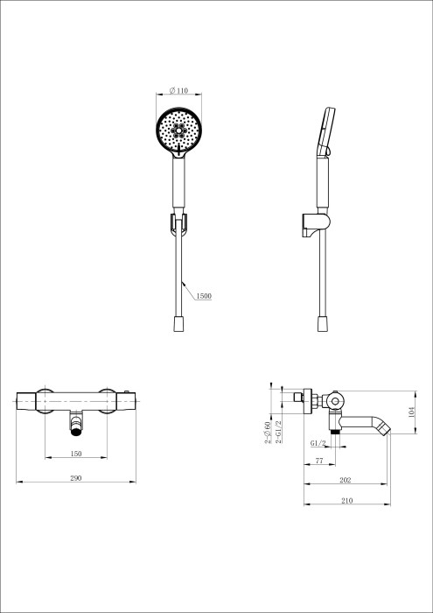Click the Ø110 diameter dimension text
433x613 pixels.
(x=178, y=90)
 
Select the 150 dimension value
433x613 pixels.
(x=77, y=454)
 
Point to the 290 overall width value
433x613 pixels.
(x=76, y=478)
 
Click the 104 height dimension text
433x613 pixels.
(x=411, y=411)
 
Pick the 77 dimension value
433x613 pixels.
(x=319, y=460)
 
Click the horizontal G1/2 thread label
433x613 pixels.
(x=318, y=443)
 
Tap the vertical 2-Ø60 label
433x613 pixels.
(x=268, y=433)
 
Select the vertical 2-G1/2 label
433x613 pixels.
(x=278, y=433)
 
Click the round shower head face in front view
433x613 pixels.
(x=178, y=130)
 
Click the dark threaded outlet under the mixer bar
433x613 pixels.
(x=77, y=428)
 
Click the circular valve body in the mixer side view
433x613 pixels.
(x=335, y=401)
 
